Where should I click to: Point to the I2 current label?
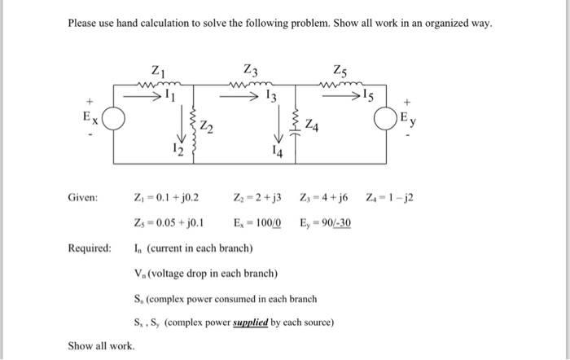[x=178, y=147]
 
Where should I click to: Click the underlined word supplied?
[x=251, y=322]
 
